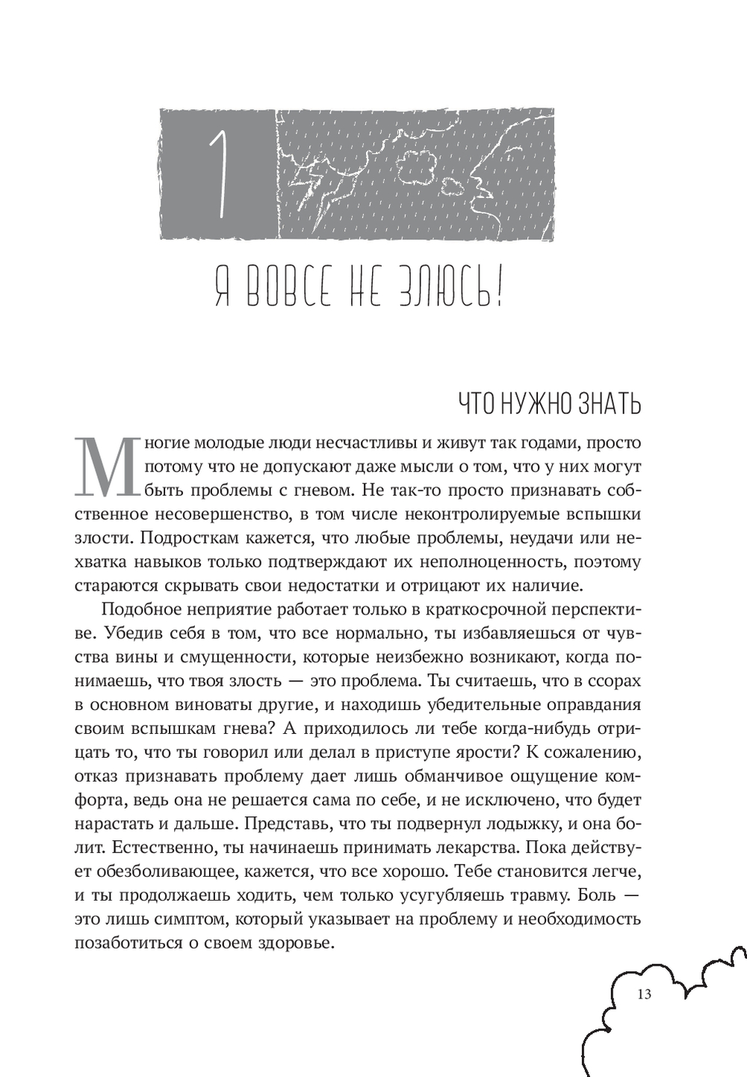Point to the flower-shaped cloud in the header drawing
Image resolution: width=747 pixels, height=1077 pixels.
415,169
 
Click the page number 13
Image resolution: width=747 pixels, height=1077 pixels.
644,994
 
